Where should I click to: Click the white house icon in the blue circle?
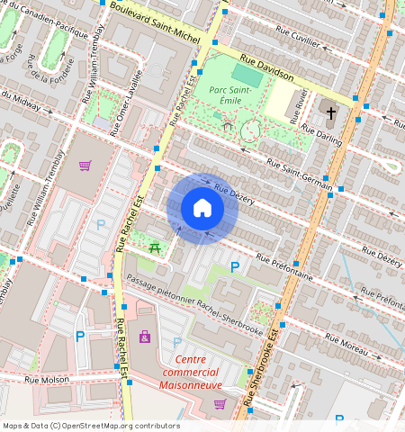[x=202, y=209]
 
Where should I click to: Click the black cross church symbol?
[x=331, y=113]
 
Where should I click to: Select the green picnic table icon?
[x=156, y=247]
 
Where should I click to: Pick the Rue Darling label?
[x=322, y=137]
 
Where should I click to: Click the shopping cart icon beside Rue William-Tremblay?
[x=85, y=166]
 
